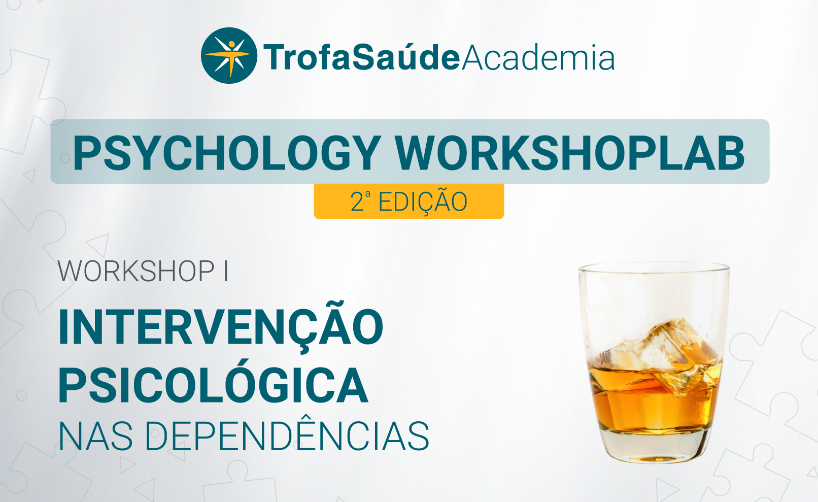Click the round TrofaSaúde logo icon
pos(229,55)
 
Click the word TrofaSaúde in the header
pos(361,57)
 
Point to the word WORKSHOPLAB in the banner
pos(570,153)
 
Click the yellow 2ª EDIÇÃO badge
pos(408,202)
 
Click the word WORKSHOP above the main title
pos(136,272)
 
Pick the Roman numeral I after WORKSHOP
pos(226,272)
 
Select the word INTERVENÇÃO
pos(221,327)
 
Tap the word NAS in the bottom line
pos(95,437)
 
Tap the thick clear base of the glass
pos(654,446)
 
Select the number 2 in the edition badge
pos(357,202)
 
